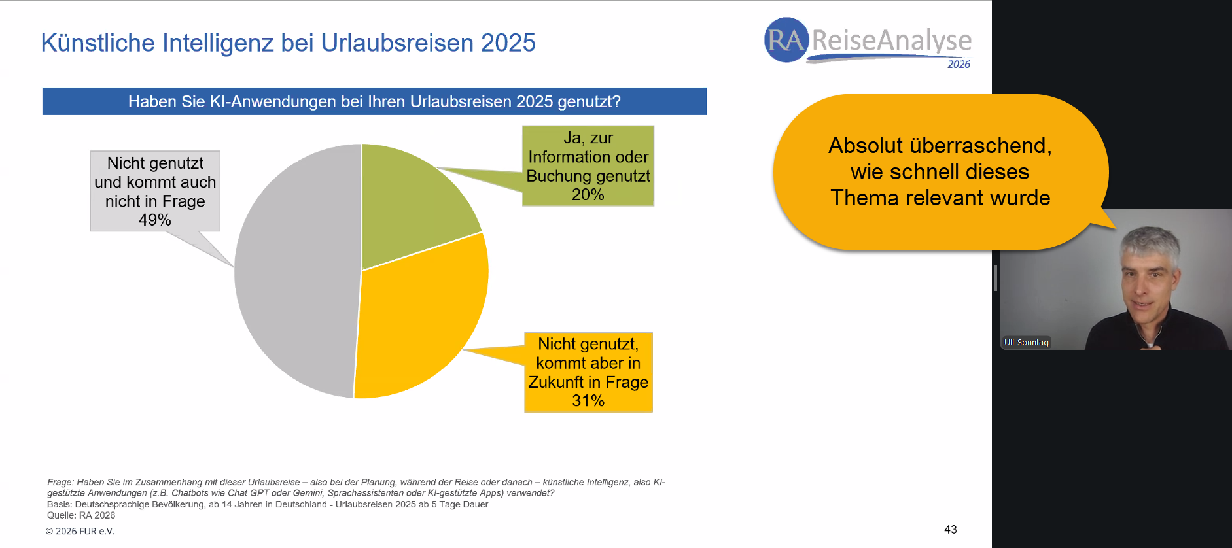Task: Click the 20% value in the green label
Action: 588,195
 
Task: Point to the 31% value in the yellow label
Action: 588,401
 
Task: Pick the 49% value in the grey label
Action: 154,220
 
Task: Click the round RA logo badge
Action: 786,41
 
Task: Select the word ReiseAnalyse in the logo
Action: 891,41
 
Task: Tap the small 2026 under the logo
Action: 959,64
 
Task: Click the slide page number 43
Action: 950,530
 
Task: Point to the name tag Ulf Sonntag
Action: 1026,343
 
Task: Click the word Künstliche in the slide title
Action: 97,43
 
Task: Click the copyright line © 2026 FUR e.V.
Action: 80,531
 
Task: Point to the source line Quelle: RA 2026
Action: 81,515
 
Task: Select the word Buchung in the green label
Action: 555,176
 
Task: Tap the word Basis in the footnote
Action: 59,504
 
